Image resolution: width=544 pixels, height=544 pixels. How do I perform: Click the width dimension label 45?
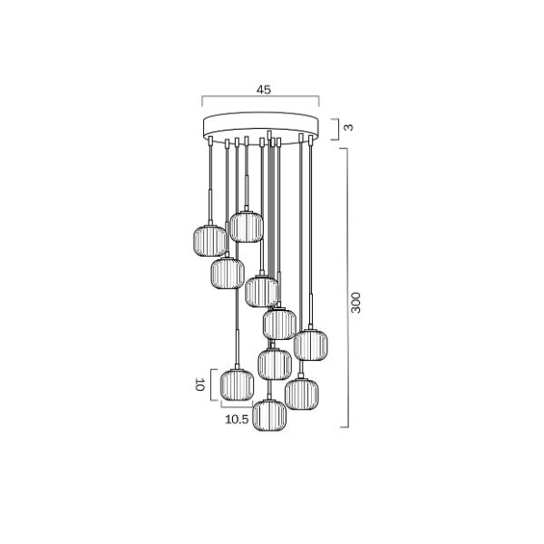(264, 90)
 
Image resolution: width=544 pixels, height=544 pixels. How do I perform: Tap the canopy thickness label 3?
(350, 128)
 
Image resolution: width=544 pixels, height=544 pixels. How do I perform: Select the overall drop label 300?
(357, 303)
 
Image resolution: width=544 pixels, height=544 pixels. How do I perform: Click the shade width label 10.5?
(238, 420)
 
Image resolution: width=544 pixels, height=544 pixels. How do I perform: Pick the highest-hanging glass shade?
(245, 226)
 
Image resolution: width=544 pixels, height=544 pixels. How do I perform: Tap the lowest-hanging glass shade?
(269, 414)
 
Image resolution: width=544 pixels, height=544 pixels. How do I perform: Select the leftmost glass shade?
(209, 240)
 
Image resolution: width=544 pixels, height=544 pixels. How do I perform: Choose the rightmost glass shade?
(310, 344)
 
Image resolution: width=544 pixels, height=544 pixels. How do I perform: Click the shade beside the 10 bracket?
(237, 384)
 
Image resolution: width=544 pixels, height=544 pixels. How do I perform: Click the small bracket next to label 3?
(337, 128)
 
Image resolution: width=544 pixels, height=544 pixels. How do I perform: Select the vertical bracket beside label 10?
(215, 384)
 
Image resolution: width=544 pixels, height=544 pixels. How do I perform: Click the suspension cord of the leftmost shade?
(210, 181)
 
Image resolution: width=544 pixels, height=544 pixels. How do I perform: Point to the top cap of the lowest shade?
(269, 397)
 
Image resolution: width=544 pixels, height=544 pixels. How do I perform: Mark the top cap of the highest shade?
(245, 210)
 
